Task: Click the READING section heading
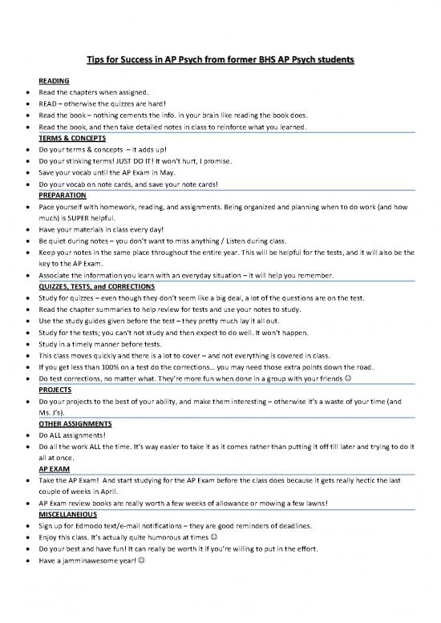click(55, 81)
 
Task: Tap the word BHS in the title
click(271, 59)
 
